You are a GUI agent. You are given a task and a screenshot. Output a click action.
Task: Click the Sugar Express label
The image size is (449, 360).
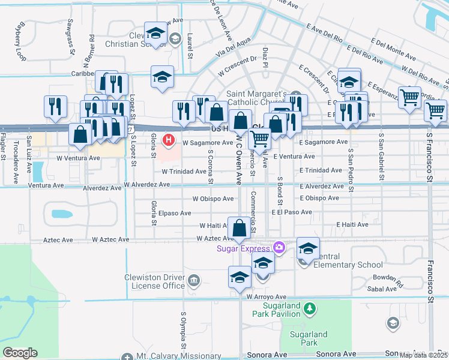pos(244,247)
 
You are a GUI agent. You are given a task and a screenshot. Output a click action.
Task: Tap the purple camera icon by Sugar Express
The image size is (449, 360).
pos(279,247)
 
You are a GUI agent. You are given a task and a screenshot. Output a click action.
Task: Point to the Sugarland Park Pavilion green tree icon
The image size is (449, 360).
pos(309,309)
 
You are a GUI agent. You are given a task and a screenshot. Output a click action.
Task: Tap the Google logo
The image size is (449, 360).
pos(20,353)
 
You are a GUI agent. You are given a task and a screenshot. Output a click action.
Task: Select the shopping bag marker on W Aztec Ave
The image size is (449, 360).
pos(240,229)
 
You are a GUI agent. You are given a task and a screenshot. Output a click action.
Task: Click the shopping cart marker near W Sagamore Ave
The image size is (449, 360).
pos(259,138)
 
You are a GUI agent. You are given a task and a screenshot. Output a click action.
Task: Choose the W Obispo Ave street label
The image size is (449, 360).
pos(213,198)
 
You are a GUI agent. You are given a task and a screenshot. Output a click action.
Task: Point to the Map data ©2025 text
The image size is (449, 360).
pos(424,355)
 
